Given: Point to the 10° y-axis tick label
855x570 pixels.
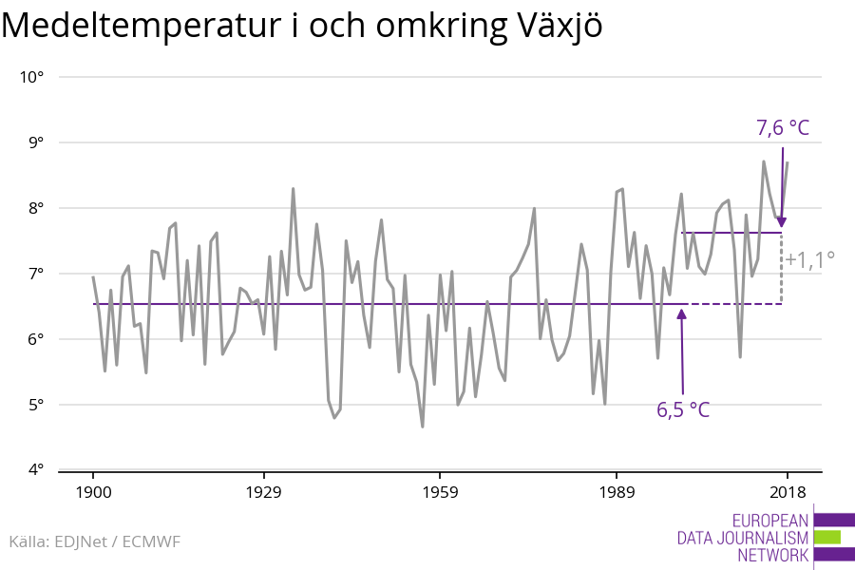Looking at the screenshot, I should (x=32, y=77).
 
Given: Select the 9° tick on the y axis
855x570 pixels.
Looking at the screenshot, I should (x=36, y=142).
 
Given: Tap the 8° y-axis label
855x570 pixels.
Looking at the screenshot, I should (x=36, y=208).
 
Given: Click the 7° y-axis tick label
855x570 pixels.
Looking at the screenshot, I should (x=36, y=274).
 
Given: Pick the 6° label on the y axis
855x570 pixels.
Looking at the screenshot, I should (x=36, y=339).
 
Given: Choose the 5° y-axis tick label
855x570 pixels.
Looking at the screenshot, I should (x=36, y=405).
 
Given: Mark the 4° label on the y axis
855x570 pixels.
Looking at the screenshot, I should (x=36, y=470).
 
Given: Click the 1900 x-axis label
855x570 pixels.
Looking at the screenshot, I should (x=93, y=492).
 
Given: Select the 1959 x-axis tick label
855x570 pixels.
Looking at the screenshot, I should (x=440, y=492).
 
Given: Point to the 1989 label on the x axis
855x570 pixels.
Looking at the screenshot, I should (x=617, y=492).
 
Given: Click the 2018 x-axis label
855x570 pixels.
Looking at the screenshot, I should (x=787, y=492).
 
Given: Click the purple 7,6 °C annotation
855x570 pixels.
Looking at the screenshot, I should (x=782, y=127).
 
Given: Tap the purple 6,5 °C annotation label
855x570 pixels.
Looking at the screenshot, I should (x=683, y=410).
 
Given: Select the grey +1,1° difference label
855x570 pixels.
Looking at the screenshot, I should (x=809, y=258).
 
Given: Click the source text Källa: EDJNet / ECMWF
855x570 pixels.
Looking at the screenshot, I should (x=94, y=541).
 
